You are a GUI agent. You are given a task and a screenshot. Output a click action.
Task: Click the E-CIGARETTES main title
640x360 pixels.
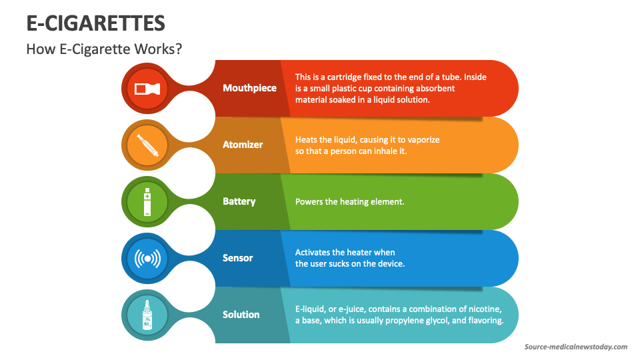pyautogui.click(x=95, y=23)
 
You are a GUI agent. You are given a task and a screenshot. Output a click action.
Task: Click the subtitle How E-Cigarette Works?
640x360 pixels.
pyautogui.click(x=104, y=49)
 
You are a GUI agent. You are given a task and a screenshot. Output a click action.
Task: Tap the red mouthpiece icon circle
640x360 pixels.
pyautogui.click(x=148, y=88)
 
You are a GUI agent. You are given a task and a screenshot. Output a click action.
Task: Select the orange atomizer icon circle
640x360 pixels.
pyautogui.click(x=148, y=145)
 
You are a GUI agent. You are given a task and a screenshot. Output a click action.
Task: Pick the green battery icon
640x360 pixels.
pyautogui.click(x=148, y=201)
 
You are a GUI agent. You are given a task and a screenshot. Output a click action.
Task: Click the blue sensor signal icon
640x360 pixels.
pyautogui.click(x=148, y=258)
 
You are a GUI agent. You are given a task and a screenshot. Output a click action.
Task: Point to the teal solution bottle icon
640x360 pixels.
pyautogui.click(x=148, y=315)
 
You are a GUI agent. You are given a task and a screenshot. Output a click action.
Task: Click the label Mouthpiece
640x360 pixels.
pyautogui.click(x=249, y=88)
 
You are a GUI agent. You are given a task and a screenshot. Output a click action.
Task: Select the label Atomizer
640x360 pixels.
pyautogui.click(x=243, y=145)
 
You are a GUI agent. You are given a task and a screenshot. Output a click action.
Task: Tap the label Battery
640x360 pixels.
pyautogui.click(x=239, y=201)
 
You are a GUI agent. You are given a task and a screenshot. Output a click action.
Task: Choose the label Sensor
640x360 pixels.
pyautogui.click(x=237, y=258)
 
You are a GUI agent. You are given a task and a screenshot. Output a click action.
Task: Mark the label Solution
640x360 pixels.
pyautogui.click(x=241, y=315)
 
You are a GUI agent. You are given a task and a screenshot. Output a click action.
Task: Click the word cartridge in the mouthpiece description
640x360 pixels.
pyautogui.click(x=349, y=77)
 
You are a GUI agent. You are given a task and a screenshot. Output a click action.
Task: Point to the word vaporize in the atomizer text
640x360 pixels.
pyautogui.click(x=419, y=139)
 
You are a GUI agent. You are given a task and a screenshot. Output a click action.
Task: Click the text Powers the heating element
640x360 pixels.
pyautogui.click(x=349, y=201)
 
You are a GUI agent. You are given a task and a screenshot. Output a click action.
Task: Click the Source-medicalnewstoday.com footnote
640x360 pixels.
pyautogui.click(x=575, y=347)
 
